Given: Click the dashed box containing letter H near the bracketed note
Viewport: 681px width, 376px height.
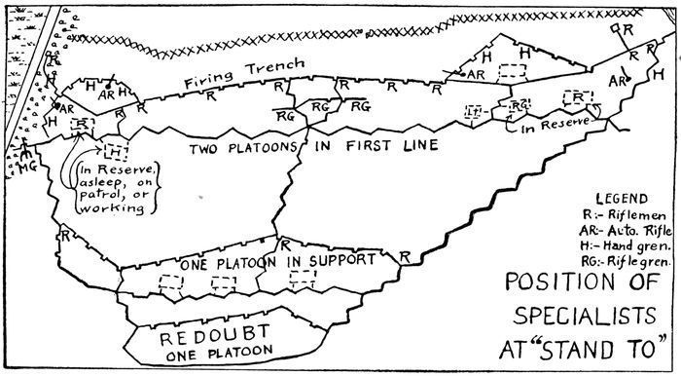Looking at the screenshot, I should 115,152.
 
